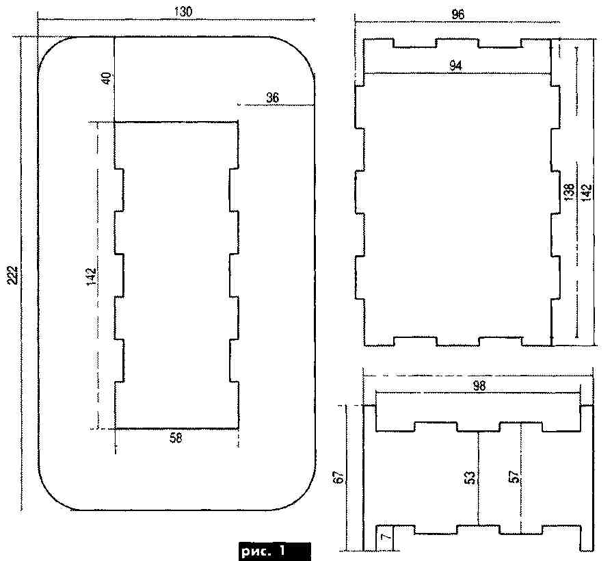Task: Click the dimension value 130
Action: pyautogui.click(x=183, y=12)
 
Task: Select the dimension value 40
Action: pyautogui.click(x=108, y=79)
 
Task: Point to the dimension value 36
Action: pyautogui.click(x=272, y=98)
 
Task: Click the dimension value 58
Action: pyautogui.click(x=176, y=438)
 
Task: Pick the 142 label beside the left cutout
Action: pyautogui.click(x=90, y=277)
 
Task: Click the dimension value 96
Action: pyautogui.click(x=458, y=15)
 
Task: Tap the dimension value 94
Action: pyautogui.click(x=455, y=66)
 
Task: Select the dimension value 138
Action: pyautogui.click(x=570, y=192)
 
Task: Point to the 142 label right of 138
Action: pyautogui.click(x=587, y=192)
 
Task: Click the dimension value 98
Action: pyautogui.click(x=479, y=386)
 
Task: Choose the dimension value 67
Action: pyautogui.click(x=340, y=477)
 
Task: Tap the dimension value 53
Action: pyautogui.click(x=471, y=477)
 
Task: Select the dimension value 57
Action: pyautogui.click(x=514, y=477)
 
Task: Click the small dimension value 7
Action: pyautogui.click(x=386, y=538)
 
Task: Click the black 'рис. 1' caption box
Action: pyautogui.click(x=274, y=551)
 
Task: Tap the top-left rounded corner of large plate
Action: pyautogui.click(x=49, y=48)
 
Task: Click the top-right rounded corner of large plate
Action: pyautogui.click(x=304, y=48)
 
